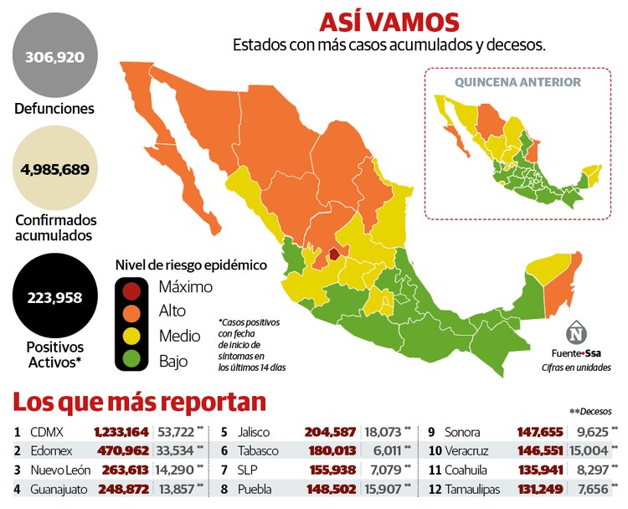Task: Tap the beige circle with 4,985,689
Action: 54,168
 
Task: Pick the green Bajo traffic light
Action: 131,361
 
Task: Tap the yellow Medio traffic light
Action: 131,337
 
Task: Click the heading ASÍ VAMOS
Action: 389,22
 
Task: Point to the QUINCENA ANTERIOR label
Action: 517,82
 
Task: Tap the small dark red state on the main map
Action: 334,254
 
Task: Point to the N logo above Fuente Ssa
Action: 577,332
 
